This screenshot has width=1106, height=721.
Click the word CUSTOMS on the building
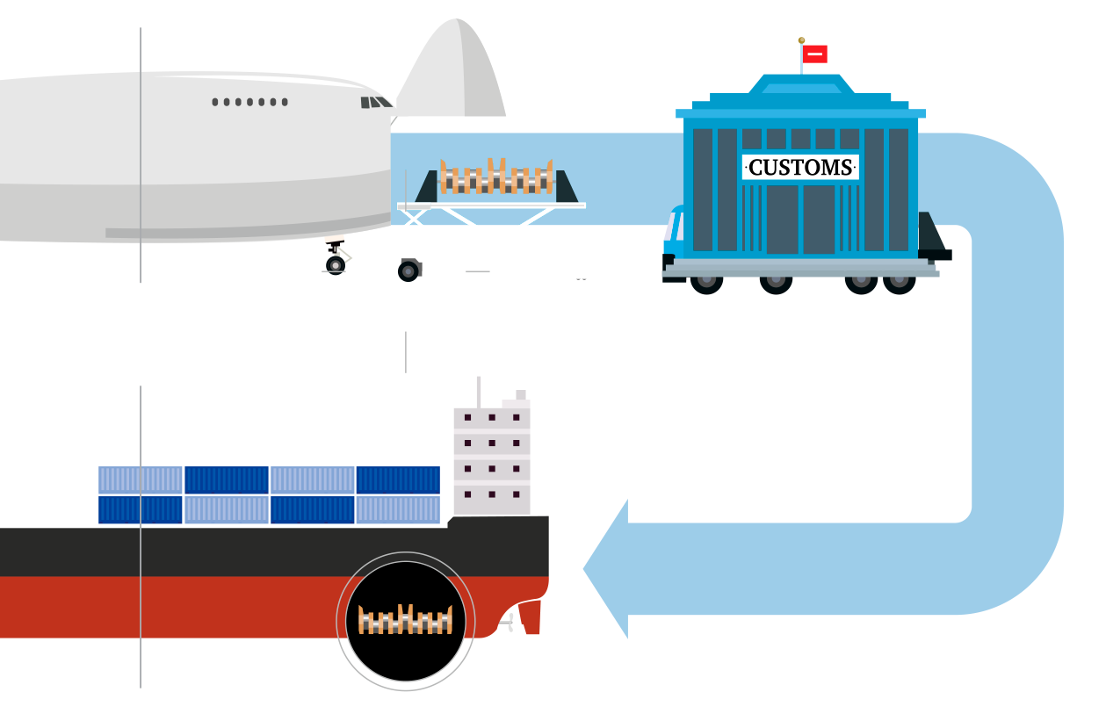coord(800,167)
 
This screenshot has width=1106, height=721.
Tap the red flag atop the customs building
coord(814,54)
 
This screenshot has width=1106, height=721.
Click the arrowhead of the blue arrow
coord(607,569)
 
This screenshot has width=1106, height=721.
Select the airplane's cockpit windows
coord(375,103)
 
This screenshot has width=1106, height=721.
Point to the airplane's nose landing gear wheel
coord(335,263)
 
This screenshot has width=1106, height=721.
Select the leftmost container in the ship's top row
coord(141,479)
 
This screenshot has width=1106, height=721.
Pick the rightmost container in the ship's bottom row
coord(397,510)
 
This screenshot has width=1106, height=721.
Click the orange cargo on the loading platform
coord(496,177)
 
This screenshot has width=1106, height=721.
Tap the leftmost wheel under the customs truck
coord(706,284)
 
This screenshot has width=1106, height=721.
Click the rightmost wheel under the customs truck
coord(899,284)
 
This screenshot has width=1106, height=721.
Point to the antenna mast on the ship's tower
coord(478,391)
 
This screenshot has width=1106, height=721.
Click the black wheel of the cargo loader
coord(408,270)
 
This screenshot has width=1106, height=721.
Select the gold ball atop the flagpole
coord(801,40)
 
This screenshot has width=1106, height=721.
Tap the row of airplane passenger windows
coord(249,103)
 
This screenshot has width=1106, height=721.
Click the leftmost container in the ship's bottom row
coord(141,510)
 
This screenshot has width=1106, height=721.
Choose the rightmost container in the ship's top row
coord(397,479)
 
